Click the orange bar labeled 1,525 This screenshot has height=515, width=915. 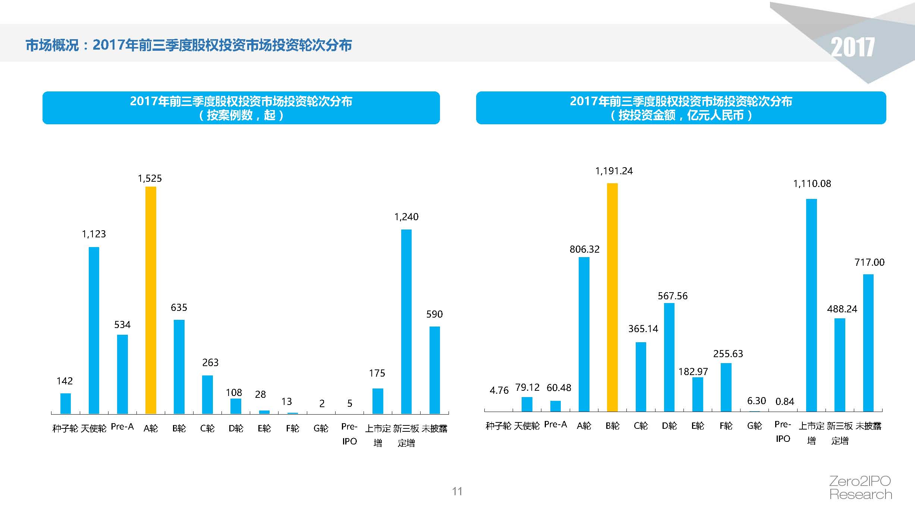click(151, 300)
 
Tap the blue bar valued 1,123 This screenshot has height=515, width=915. click(94, 330)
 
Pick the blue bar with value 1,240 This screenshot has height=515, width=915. click(406, 321)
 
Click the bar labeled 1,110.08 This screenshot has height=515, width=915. click(811, 305)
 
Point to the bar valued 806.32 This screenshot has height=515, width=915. click(584, 334)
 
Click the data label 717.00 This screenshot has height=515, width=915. click(869, 262)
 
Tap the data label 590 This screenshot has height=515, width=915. click(434, 314)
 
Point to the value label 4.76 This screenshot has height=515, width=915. click(499, 390)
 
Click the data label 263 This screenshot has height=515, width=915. click(210, 362)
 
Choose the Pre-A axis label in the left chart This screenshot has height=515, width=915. click(122, 427)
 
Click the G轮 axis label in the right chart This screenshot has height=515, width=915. click(754, 426)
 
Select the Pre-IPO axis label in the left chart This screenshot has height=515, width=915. click(349, 434)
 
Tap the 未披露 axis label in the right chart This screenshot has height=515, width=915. click(868, 426)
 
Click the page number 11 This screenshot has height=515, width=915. click(457, 491)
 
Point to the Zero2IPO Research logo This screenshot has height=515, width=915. click(860, 487)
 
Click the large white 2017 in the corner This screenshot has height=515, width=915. click(852, 47)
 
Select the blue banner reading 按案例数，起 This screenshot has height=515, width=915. click(241, 108)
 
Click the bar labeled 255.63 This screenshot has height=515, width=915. click(726, 387)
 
